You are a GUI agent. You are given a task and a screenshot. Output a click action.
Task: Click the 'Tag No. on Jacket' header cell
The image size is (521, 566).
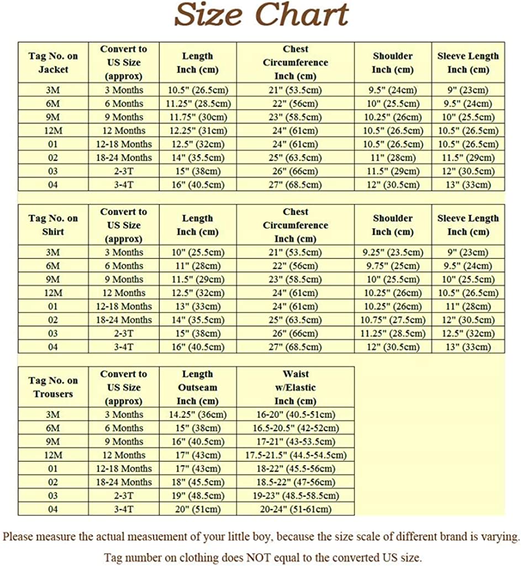pyautogui.click(x=53, y=62)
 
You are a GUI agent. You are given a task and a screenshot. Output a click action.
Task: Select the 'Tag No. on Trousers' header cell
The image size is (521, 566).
pyautogui.click(x=53, y=387)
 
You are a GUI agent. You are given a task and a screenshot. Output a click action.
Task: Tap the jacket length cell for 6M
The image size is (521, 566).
pyautogui.click(x=198, y=103)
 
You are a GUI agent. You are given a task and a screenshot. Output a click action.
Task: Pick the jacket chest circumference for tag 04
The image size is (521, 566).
pyautogui.click(x=295, y=185)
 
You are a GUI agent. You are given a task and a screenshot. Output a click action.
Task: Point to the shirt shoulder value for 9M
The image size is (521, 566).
pyautogui.click(x=392, y=279)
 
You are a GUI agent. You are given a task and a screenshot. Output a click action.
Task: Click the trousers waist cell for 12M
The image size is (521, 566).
pyautogui.click(x=295, y=455)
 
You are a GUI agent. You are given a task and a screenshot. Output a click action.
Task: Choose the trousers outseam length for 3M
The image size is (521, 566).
pyautogui.click(x=198, y=415)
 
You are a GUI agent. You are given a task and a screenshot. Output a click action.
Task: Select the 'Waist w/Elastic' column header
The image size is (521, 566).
pyautogui.click(x=295, y=387)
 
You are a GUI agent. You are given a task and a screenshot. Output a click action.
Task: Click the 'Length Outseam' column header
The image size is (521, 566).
pyautogui.click(x=198, y=387)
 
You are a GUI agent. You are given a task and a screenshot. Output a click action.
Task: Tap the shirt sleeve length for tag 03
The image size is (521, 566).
pyautogui.click(x=468, y=333)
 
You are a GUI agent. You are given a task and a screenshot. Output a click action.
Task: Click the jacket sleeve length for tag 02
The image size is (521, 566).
pyautogui.click(x=468, y=158)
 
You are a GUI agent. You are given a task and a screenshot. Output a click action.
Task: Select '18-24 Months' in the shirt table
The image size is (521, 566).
pyautogui.click(x=124, y=319)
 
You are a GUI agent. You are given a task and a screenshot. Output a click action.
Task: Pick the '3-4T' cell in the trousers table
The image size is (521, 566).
pyautogui.click(x=124, y=509)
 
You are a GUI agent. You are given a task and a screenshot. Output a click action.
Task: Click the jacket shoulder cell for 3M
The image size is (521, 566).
pyautogui.click(x=392, y=90)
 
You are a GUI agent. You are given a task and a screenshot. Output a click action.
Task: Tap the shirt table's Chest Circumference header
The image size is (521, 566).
pyautogui.click(x=295, y=225)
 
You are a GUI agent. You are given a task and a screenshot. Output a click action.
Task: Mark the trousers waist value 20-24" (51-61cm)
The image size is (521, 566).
pyautogui.click(x=295, y=509)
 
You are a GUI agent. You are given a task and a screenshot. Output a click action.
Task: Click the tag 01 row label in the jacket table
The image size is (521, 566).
pyautogui.click(x=53, y=144)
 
